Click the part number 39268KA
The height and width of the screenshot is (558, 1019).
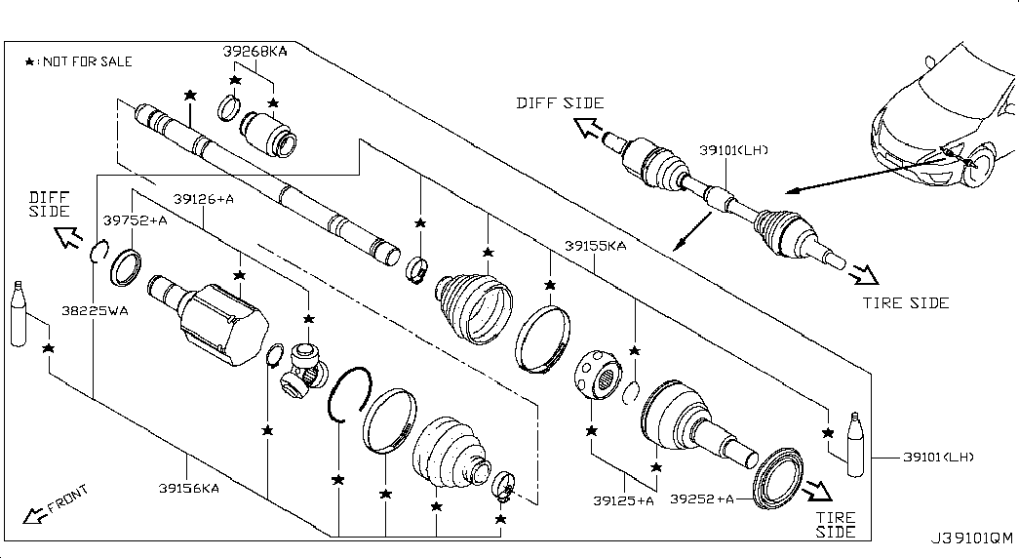(x=255, y=52)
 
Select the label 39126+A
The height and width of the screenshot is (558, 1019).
(x=204, y=199)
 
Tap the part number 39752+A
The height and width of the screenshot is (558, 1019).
(x=136, y=220)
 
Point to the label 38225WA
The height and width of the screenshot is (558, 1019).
(x=95, y=311)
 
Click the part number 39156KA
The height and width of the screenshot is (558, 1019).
(x=189, y=488)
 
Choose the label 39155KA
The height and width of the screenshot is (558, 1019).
(x=595, y=246)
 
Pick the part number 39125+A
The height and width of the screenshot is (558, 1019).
(x=623, y=500)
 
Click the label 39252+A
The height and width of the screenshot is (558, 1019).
(x=702, y=498)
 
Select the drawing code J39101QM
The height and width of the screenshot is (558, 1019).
(x=971, y=538)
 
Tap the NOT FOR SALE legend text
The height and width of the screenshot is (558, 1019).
(x=88, y=61)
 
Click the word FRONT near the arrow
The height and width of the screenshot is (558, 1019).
(x=67, y=498)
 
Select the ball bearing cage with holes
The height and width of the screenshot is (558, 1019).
(x=598, y=375)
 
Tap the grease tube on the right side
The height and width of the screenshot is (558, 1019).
(x=856, y=444)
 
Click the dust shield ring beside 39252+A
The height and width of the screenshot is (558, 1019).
(x=777, y=478)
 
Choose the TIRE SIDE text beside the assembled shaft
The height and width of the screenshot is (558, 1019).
(x=906, y=303)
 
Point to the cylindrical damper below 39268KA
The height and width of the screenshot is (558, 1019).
(x=269, y=135)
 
